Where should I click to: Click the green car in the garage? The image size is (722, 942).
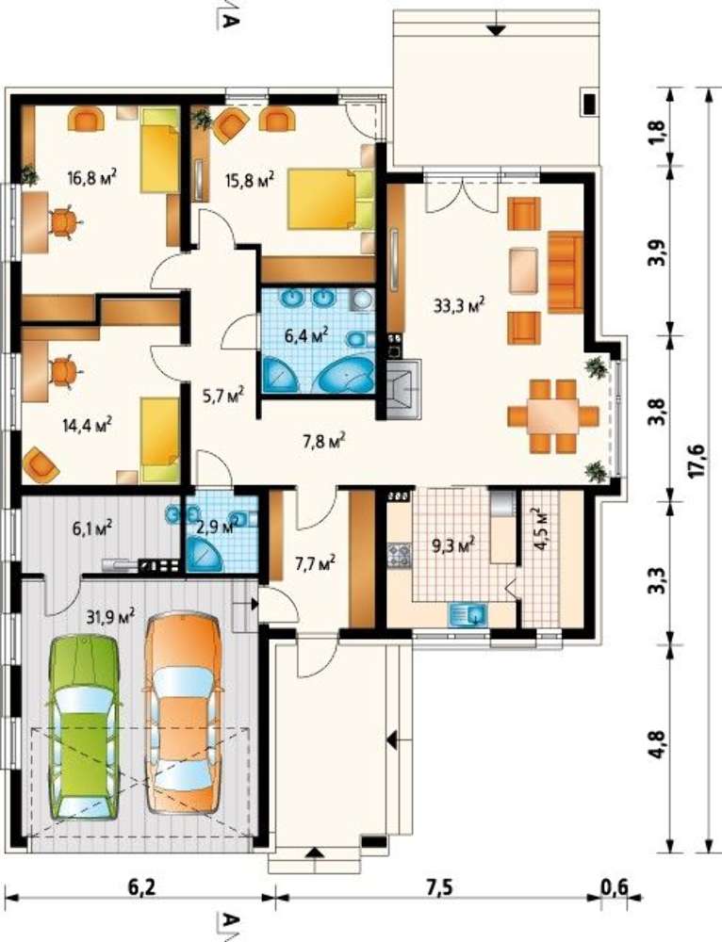point(84,727)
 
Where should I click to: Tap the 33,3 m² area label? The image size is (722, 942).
point(459,305)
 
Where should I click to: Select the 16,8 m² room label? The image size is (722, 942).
point(91,177)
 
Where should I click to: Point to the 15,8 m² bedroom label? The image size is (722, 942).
point(250,179)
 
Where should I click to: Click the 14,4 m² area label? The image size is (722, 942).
point(87,425)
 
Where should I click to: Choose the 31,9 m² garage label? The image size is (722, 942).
point(110,616)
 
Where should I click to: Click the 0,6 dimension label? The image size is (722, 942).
point(614,886)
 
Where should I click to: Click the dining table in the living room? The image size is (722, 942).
point(552,415)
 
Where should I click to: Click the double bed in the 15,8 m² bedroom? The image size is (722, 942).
point(330,199)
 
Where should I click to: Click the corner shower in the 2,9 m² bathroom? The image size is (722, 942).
point(204,553)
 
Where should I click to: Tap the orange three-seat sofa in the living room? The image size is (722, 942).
point(566,272)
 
